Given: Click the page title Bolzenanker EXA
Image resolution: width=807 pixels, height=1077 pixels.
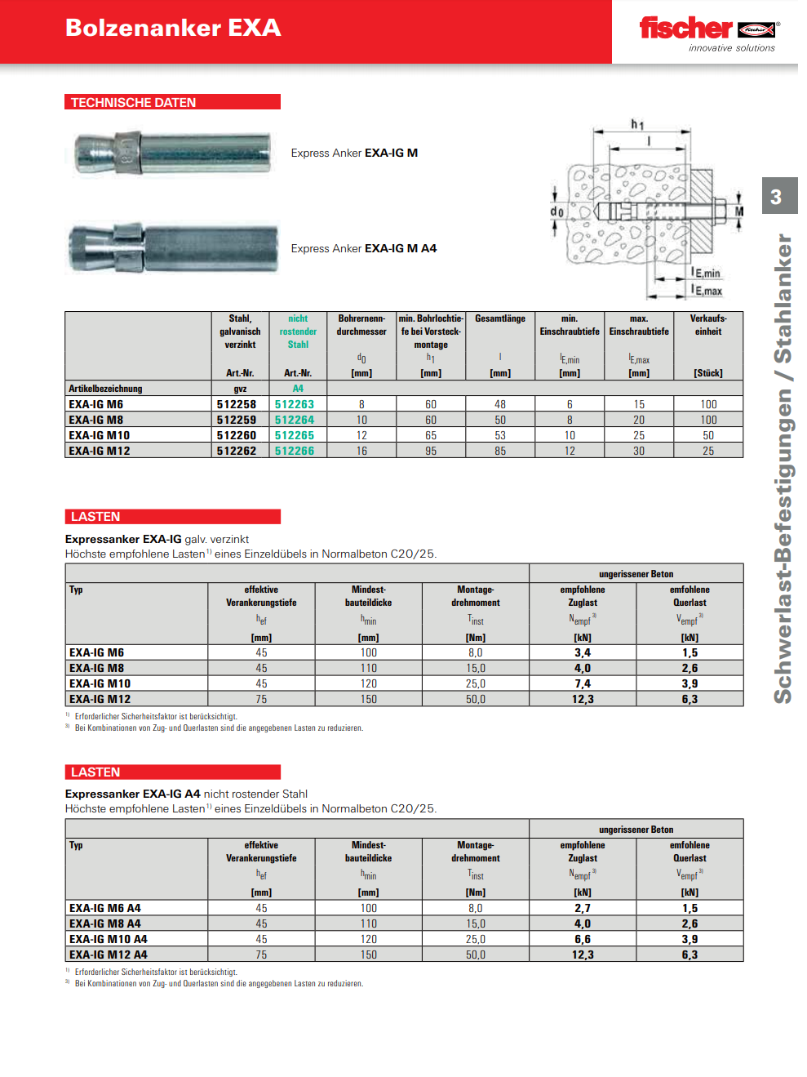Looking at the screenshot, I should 173,28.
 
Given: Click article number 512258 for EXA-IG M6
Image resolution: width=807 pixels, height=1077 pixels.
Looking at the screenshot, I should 237,404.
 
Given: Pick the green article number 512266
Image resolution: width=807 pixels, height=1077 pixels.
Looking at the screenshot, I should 295,451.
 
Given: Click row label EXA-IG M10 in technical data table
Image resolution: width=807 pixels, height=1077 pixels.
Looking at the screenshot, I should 99,435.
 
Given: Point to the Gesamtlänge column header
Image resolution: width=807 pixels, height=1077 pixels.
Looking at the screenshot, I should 500,319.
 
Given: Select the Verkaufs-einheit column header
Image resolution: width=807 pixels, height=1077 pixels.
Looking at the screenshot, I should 708,325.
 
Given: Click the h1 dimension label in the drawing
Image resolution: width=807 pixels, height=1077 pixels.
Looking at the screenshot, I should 637,124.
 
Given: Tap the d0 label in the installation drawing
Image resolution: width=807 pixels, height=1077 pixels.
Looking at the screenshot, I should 556,211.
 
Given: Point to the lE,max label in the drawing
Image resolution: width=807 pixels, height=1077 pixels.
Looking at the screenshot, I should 707,290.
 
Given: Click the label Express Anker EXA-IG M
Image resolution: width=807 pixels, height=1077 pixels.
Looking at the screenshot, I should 354,153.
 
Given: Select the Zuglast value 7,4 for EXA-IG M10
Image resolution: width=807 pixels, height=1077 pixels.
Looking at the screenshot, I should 583,683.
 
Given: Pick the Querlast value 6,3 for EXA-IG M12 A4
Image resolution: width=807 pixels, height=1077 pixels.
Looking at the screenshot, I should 689,955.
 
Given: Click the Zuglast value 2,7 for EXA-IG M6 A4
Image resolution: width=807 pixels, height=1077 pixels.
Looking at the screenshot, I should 583,908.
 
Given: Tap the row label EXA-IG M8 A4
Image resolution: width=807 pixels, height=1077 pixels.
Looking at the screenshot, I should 105,923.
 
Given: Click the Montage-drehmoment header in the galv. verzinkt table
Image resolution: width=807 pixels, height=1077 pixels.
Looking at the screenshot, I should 476,596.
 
